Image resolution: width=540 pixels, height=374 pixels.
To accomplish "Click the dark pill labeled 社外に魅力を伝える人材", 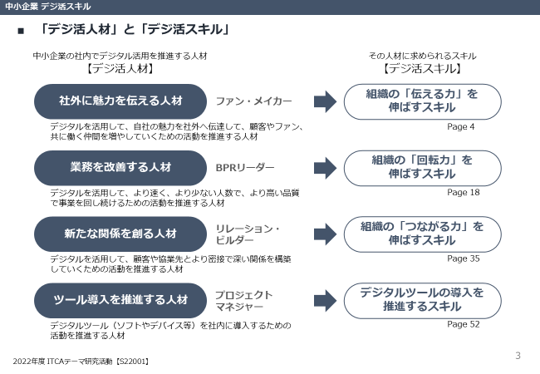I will click(x=120, y=101).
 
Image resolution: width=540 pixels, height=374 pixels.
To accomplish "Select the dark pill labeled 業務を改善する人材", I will click(x=120, y=168).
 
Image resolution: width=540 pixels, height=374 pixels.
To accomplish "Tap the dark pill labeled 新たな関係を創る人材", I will click(x=120, y=234).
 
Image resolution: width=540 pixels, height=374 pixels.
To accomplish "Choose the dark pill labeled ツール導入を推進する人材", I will click(x=120, y=300).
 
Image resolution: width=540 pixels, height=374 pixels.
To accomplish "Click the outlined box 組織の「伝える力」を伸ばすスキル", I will click(x=422, y=101).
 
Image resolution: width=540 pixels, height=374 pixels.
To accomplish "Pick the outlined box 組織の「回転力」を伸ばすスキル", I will click(x=422, y=168).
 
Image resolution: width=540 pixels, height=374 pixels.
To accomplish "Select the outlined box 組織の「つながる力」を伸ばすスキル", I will click(x=422, y=234).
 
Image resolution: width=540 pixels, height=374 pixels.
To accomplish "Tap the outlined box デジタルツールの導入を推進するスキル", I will click(x=422, y=300).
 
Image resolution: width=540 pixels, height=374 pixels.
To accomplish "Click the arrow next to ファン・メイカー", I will click(x=324, y=101).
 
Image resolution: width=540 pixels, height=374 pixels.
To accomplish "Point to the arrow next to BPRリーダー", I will click(x=324, y=168).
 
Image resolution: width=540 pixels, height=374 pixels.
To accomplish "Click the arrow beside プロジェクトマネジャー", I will click(x=324, y=300).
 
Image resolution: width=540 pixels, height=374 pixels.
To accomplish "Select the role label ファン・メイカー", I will click(x=253, y=101).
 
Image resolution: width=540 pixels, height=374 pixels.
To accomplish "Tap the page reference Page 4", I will click(x=460, y=126).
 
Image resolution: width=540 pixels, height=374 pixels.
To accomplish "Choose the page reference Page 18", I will click(x=463, y=192).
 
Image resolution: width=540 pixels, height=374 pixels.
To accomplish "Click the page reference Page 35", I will click(x=463, y=258).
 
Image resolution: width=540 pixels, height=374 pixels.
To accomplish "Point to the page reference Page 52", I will click(x=463, y=324).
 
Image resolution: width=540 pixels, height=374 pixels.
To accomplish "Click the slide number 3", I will click(x=518, y=357).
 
